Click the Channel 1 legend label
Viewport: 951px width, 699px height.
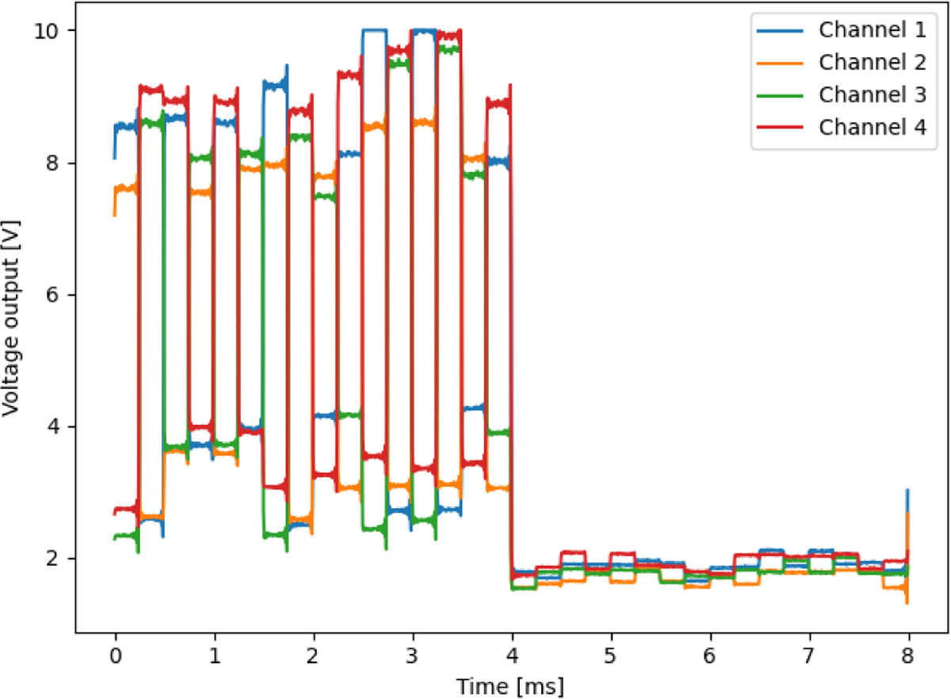[872, 30]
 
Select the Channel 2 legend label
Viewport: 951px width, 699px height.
[872, 62]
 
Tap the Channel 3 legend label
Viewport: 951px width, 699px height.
[872, 94]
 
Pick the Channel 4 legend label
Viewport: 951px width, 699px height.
[872, 127]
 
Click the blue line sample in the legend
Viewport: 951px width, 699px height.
[781, 30]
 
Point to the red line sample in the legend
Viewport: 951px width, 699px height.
[781, 127]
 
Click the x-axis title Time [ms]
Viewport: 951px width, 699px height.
[512, 682]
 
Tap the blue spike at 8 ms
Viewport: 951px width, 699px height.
[907, 495]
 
